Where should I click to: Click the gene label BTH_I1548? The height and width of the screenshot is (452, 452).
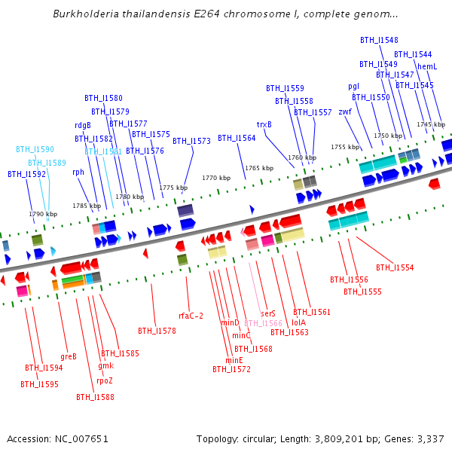tap(379, 40)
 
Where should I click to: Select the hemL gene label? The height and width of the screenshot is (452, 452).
tap(427, 66)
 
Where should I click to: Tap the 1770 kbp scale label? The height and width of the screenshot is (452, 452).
tap(215, 179)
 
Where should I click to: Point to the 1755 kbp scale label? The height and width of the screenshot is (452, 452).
tap(345, 148)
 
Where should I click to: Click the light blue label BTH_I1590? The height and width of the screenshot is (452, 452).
tap(35, 150)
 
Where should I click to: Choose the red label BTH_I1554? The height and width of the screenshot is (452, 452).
tap(395, 267)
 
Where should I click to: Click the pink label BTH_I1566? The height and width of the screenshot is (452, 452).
tap(263, 323)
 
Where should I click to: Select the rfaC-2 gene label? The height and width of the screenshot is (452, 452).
tap(191, 316)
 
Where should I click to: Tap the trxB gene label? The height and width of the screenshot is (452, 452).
tap(264, 124)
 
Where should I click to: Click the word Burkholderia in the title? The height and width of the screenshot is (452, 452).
tap(85, 14)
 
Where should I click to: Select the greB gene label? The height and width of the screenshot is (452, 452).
tap(69, 356)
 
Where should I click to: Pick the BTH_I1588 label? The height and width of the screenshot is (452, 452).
tap(95, 397)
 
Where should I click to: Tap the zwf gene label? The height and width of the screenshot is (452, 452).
tap(345, 111)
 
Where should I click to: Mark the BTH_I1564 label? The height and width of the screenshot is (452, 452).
tap(237, 138)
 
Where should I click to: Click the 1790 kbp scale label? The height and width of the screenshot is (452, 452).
tap(43, 214)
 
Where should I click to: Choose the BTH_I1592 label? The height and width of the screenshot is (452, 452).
tap(27, 174)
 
